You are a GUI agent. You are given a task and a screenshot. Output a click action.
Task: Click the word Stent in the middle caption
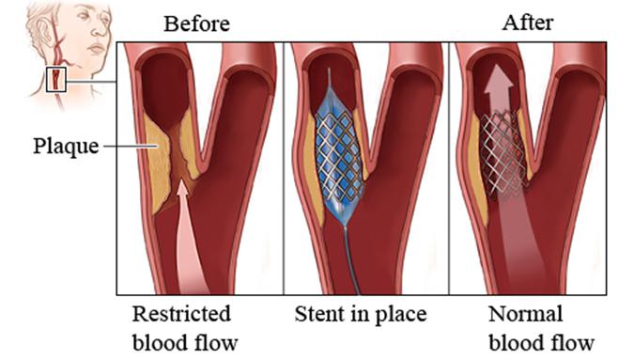320,312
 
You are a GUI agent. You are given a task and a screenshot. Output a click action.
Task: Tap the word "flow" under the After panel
570,339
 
